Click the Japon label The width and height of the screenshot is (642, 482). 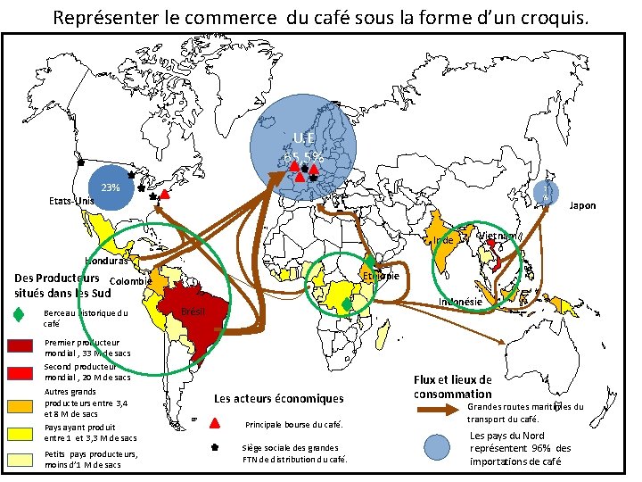tap(582, 205)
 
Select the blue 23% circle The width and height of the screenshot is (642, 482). tap(111, 188)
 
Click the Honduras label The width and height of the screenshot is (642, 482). tap(109, 262)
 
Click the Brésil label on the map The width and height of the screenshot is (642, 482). tap(193, 312)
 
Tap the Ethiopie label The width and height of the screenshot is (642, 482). tap(381, 276)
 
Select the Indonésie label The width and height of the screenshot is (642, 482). tap(460, 302)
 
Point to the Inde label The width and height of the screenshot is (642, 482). tap(444, 241)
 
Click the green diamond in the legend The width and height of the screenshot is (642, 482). tap(19, 313)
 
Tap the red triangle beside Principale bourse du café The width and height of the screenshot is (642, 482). tap(215, 423)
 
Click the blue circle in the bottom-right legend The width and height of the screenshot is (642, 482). tap(436, 447)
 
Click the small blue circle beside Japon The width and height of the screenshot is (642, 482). tap(547, 193)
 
